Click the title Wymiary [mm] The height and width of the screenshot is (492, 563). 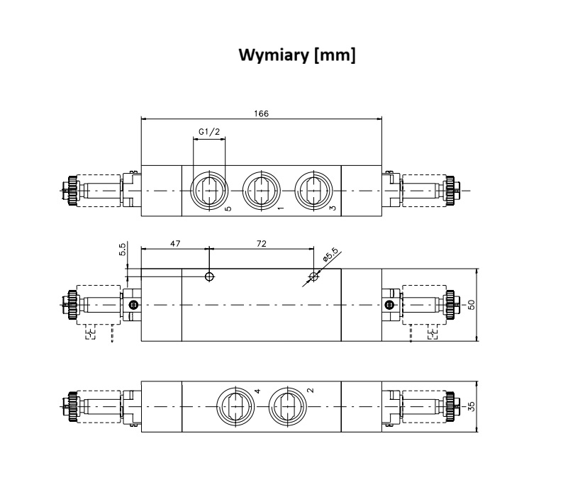(296, 55)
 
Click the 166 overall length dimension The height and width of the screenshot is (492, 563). (262, 113)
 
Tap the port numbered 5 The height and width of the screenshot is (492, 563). (209, 190)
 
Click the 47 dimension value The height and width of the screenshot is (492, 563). (174, 243)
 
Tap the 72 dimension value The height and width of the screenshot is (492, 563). (261, 243)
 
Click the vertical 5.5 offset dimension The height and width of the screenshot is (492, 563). (122, 250)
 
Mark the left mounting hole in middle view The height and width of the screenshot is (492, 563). (209, 276)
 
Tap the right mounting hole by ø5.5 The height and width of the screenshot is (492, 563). (313, 276)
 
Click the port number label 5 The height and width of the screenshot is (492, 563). (228, 209)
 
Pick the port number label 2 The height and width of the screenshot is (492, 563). (311, 391)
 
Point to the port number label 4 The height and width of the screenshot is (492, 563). (258, 391)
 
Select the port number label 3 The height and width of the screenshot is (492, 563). (332, 209)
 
